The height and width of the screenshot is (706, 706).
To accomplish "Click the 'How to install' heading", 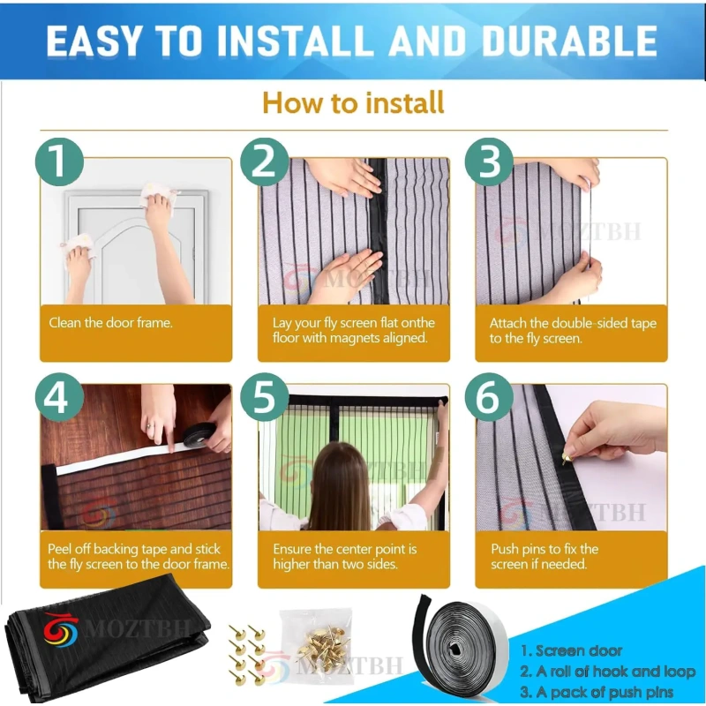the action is (353, 102).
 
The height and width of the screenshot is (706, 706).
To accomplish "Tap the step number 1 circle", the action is (59, 161).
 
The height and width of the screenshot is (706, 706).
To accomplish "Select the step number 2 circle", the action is (264, 161).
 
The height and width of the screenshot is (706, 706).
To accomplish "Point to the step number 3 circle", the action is (489, 161).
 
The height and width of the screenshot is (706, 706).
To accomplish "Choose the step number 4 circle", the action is (59, 397).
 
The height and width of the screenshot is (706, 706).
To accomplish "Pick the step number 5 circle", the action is (264, 397).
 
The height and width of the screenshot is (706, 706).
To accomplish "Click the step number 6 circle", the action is (489, 397).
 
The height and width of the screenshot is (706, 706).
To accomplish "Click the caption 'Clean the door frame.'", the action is (111, 323).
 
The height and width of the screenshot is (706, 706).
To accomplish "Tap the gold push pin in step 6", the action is (566, 458).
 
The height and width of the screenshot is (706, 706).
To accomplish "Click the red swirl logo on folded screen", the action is (60, 629).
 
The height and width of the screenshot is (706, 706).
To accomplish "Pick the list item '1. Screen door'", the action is (571, 650).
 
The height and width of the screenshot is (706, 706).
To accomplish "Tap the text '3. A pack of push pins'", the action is (597, 692).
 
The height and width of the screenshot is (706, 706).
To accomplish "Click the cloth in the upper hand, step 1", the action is (158, 193).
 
